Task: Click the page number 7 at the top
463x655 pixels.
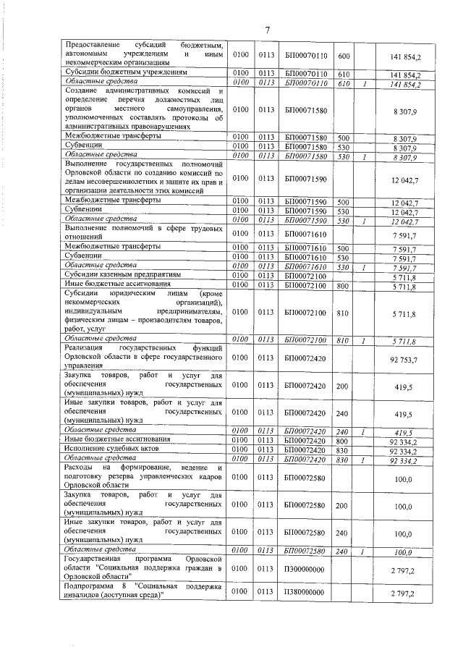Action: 266,30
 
